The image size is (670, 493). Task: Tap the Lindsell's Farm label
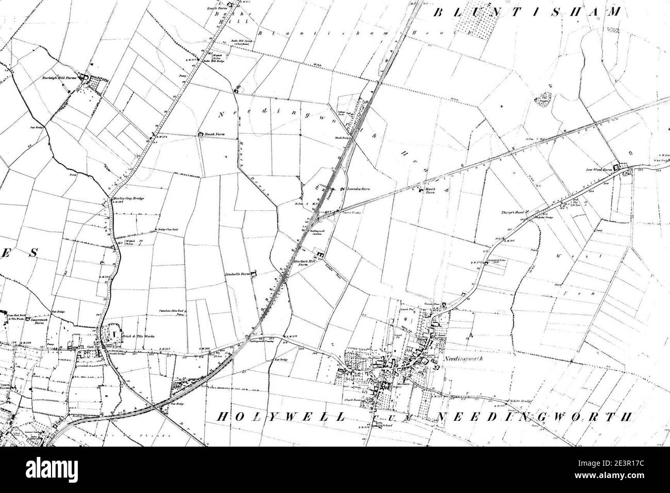click(238, 275)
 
